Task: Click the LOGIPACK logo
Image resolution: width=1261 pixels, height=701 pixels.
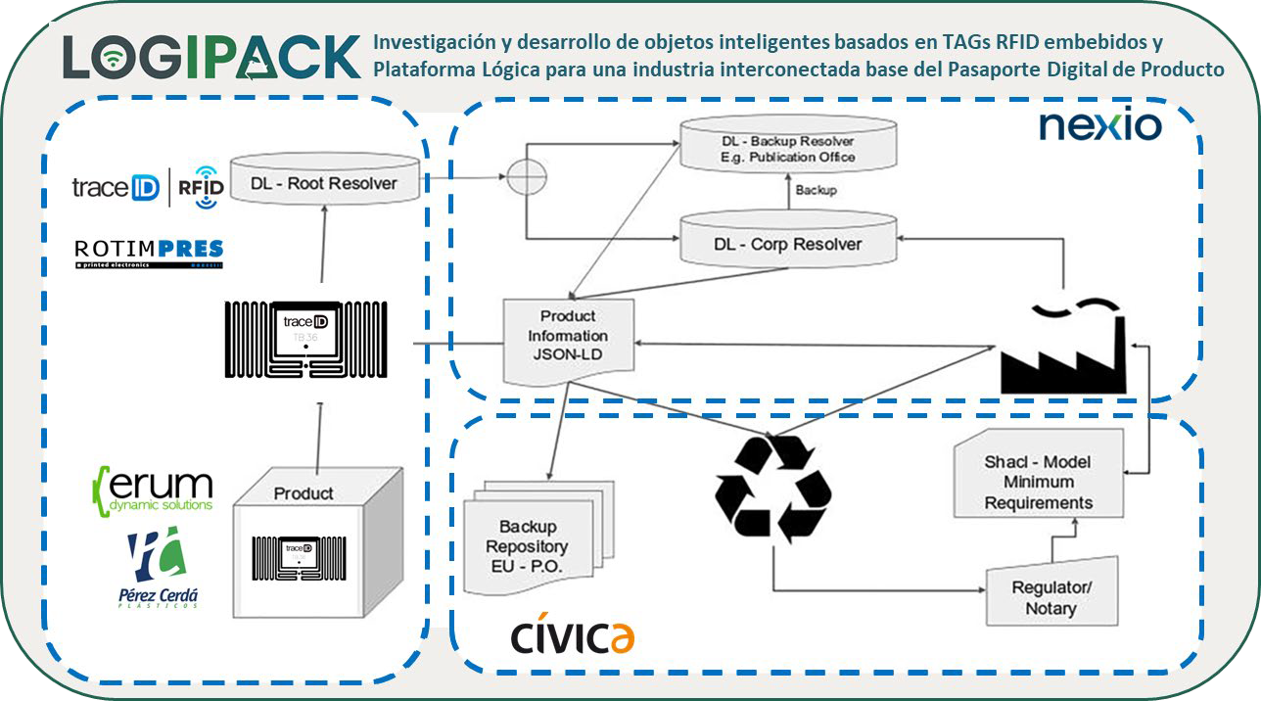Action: point(210,57)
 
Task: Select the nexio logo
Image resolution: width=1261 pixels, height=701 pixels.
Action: point(1099,125)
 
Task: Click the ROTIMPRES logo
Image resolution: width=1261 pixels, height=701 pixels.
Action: point(149,253)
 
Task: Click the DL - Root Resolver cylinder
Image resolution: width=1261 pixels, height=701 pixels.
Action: point(324,182)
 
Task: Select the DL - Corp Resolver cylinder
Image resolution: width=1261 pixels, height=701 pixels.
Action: point(788,243)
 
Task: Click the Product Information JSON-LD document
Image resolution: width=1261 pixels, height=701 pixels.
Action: point(568,338)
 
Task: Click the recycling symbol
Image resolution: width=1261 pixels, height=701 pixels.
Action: point(773,488)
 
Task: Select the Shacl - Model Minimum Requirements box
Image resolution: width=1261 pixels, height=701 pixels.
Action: point(1038,482)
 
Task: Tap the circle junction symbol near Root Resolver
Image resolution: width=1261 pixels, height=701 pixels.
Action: point(527,179)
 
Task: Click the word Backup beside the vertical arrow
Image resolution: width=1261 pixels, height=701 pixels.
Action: point(815,190)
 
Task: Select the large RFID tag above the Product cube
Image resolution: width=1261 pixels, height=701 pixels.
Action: point(305,340)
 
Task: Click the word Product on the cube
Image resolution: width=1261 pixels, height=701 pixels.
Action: point(303,492)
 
